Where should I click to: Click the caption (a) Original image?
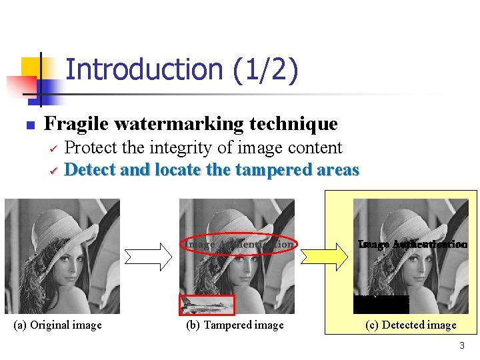(58, 325)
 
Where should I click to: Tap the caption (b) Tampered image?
(235, 325)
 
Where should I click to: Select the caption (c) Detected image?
(411, 325)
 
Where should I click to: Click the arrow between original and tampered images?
(148, 256)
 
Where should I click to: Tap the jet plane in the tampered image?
(207, 305)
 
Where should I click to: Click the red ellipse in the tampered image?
(239, 245)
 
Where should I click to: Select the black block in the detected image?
(381, 304)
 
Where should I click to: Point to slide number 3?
(461, 346)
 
